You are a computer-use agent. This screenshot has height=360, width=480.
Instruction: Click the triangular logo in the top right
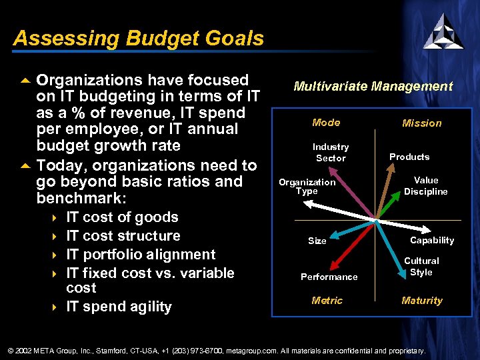[x=443, y=31]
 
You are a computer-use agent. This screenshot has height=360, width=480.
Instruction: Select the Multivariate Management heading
[x=373, y=86]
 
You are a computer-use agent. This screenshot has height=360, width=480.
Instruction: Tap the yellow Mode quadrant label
[x=326, y=123]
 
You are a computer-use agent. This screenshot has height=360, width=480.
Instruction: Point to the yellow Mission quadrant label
[x=421, y=123]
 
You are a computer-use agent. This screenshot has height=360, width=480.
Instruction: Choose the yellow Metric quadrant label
[x=327, y=301]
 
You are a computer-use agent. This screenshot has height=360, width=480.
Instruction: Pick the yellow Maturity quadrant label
[x=421, y=301]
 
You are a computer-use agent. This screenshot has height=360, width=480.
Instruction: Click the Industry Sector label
[x=331, y=153]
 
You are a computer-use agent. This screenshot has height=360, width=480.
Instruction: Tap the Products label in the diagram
[x=409, y=157]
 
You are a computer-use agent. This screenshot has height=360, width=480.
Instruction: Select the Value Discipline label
[x=425, y=186]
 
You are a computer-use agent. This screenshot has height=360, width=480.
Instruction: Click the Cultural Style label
[x=421, y=267]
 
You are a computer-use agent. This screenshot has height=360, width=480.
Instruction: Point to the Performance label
[x=329, y=277]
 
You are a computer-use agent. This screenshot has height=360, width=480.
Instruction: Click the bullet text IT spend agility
[x=119, y=307]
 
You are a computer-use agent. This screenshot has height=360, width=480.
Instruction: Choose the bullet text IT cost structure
[x=123, y=236]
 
